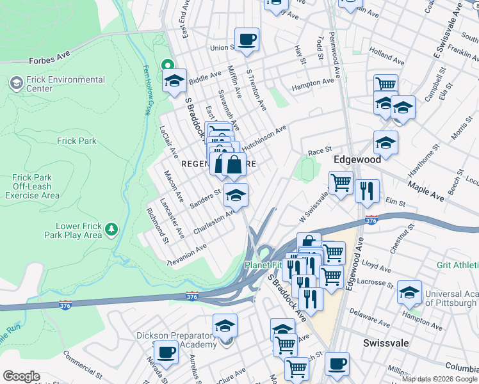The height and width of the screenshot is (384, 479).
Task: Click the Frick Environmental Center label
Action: [x=57, y=84]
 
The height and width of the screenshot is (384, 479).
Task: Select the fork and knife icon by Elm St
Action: [x=367, y=190]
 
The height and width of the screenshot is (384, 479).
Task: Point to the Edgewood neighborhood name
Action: [x=357, y=159]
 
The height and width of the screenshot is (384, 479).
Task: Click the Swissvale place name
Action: [x=386, y=343]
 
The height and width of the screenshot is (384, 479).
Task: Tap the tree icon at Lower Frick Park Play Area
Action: [x=111, y=228]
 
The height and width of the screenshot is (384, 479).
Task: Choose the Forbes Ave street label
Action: [x=47, y=61]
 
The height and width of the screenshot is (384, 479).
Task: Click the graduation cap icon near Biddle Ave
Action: [x=174, y=81]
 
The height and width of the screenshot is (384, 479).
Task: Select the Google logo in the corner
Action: [x=21, y=376]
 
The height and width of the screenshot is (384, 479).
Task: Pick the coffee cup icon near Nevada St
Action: [x=166, y=351]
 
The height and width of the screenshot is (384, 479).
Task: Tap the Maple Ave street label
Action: [x=425, y=191]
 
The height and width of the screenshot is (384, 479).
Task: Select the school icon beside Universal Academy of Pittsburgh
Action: [x=409, y=292]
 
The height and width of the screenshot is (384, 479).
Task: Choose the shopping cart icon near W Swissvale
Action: [x=341, y=182]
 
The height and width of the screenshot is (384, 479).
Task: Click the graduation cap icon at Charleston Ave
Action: [x=236, y=196]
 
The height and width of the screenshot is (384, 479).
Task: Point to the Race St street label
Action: [x=319, y=152]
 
